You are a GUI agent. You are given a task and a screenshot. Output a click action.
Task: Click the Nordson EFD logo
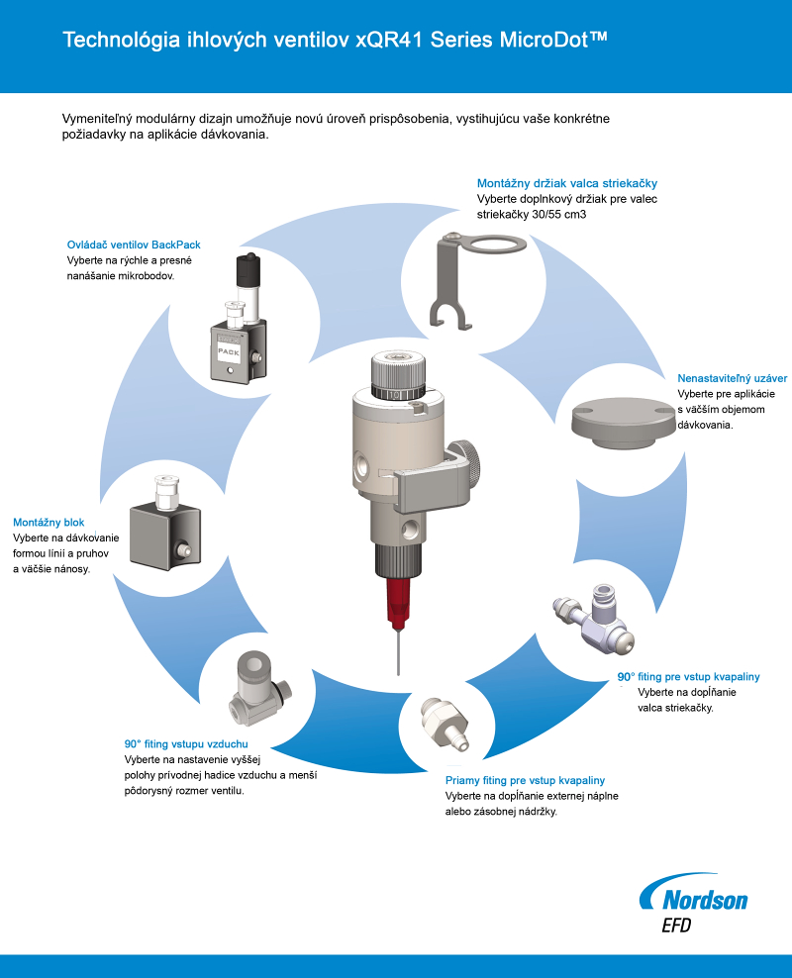coord(693,903)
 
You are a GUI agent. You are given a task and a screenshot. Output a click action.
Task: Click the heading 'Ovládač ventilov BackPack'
coord(134,245)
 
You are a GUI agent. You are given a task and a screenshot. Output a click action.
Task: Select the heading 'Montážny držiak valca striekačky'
coord(567,183)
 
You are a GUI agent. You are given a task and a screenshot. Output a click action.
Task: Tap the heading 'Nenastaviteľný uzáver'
coord(733,378)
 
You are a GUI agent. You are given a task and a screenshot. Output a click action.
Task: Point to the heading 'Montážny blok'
coord(49,523)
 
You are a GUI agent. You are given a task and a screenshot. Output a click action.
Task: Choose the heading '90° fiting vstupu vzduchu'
coord(186,744)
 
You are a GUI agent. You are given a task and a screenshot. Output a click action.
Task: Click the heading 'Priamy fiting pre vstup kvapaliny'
coord(525,780)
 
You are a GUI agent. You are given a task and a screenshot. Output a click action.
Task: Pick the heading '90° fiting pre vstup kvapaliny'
coord(688,677)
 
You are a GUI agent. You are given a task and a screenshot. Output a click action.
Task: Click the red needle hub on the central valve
coord(399,603)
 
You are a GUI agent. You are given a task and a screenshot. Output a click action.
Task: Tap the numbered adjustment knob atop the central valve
coord(399,375)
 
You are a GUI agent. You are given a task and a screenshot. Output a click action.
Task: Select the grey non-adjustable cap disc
coord(624,425)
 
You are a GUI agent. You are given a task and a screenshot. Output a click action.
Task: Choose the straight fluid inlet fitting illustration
coord(445,723)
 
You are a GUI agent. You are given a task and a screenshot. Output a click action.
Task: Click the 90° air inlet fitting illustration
coord(258,688)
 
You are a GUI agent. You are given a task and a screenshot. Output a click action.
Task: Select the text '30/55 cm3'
coord(558,215)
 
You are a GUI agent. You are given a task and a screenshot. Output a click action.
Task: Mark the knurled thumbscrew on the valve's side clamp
coord(466,464)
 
